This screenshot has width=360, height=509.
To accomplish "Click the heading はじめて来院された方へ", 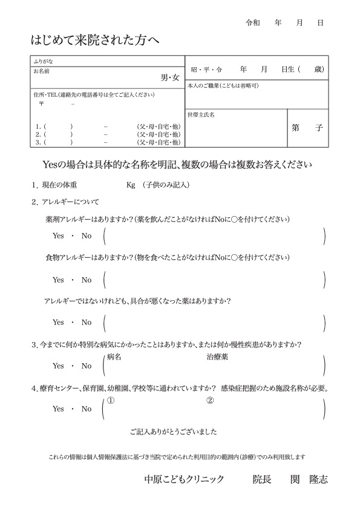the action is [x=95, y=41].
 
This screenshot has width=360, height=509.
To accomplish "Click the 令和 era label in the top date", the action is [x=252, y=22].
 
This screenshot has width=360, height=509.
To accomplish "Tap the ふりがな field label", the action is [x=43, y=61].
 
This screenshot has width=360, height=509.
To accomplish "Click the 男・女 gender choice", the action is [x=170, y=77].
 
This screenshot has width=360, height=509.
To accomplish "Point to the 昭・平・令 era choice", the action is [x=206, y=70].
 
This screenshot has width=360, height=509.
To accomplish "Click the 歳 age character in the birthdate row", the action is [x=319, y=70].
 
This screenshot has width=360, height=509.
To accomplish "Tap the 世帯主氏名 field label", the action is [x=202, y=114].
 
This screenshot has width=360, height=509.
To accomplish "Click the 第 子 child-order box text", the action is [x=307, y=128].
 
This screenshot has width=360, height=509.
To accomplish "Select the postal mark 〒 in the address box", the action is [x=41, y=104].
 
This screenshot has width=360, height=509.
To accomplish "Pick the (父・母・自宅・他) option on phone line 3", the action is [x=159, y=143].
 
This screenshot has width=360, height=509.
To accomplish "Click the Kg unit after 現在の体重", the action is [x=131, y=185].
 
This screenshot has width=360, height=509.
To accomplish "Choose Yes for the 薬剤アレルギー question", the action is [x=58, y=235].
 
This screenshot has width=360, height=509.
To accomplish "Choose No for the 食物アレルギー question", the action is [x=87, y=280].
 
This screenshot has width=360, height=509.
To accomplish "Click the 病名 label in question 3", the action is [x=114, y=357].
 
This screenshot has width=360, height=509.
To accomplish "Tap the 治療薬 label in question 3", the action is [x=217, y=357].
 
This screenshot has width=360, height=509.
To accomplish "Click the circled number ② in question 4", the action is [x=211, y=400].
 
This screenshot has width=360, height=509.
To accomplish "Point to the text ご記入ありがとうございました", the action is [x=173, y=432].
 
